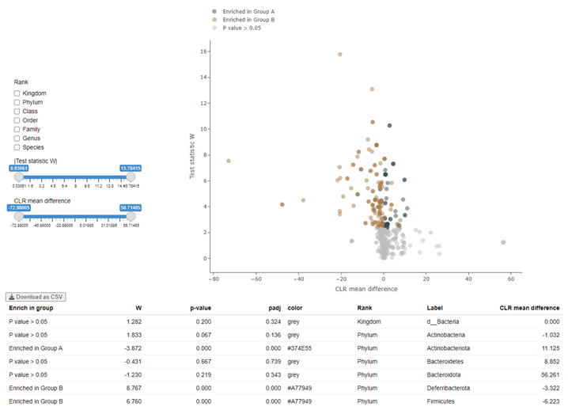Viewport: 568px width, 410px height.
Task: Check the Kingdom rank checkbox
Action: click(x=17, y=93)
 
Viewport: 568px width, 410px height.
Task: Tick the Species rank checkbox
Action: click(x=17, y=147)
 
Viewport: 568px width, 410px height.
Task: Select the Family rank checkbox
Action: click(x=17, y=129)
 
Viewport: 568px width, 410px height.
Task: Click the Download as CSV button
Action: click(x=36, y=297)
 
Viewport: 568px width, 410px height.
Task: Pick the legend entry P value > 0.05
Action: click(x=241, y=28)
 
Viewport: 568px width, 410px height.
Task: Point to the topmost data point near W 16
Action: click(x=340, y=55)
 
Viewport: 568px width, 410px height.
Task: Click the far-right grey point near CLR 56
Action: click(x=503, y=242)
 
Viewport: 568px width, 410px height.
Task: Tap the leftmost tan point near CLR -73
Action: click(x=229, y=161)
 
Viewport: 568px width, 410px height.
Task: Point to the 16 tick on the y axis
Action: click(x=203, y=51)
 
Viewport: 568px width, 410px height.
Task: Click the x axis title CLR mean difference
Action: click(x=366, y=289)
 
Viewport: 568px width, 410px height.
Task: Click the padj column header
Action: click(x=275, y=308)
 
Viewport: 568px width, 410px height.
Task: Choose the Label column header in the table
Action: click(x=434, y=308)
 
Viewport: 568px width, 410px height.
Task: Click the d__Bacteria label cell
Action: click(x=442, y=322)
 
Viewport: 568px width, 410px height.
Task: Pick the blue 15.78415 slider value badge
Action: click(x=131, y=168)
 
